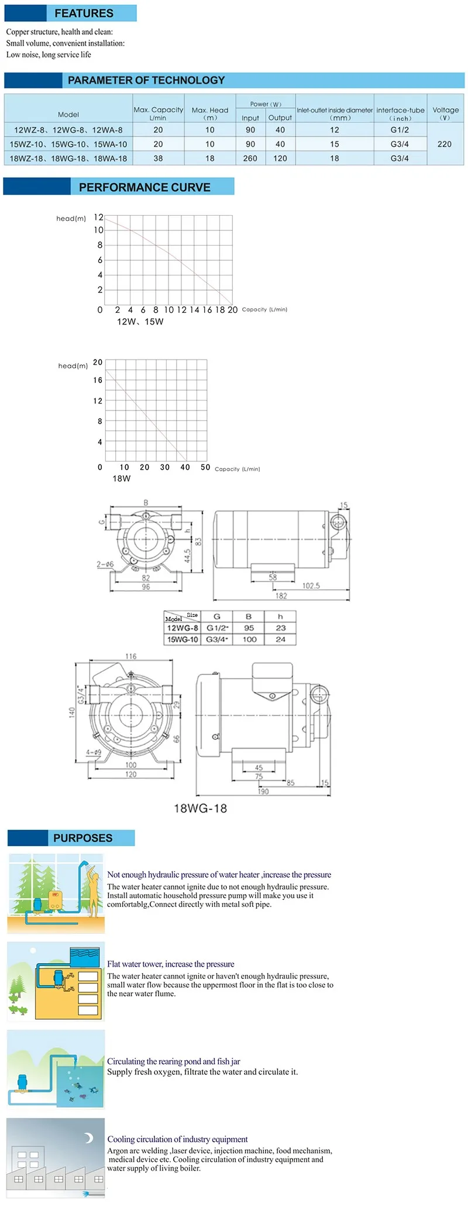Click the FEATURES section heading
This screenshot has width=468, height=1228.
84,13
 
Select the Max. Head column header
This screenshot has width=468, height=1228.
210,113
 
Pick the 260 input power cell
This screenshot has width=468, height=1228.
250,158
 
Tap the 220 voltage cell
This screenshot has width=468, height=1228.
445,144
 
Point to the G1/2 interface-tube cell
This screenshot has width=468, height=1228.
400,130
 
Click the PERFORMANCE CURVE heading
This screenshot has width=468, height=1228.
144,187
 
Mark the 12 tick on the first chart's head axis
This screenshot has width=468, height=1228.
99,217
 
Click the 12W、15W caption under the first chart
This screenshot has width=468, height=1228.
140,322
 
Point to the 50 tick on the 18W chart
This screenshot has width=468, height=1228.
205,467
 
